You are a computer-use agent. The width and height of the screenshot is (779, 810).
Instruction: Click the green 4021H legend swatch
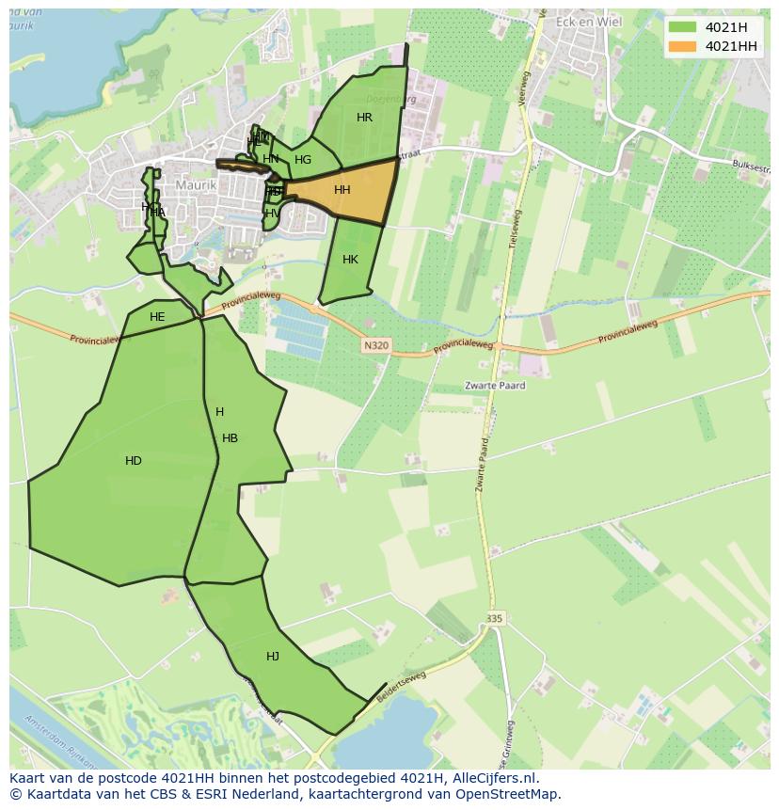pos(682,28)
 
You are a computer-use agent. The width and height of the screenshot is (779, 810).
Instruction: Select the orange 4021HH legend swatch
pos(682,46)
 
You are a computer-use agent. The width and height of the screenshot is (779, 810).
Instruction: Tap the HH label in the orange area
pos(342,190)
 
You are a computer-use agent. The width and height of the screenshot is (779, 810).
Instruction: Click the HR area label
pos(364,118)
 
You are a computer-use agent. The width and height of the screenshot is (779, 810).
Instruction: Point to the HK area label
pos(350,260)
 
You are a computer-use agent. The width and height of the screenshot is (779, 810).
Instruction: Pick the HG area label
pos(302,160)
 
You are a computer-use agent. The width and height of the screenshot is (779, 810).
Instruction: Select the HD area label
pos(134,461)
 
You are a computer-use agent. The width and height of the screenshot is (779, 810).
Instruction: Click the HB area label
pos(230,438)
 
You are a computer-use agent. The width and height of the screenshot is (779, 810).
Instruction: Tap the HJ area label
pos(273,657)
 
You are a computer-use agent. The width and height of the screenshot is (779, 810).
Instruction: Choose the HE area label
pos(157,317)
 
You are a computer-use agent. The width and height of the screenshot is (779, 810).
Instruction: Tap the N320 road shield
pos(375,345)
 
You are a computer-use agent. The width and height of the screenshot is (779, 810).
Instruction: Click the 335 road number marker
pos(495,618)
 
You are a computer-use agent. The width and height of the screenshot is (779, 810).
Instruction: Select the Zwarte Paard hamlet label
pos(495,386)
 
